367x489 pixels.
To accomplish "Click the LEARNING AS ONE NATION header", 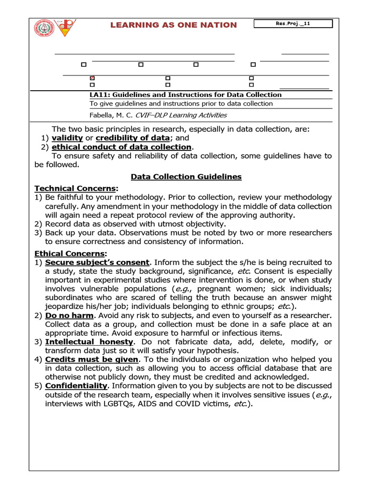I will (x=173, y=25).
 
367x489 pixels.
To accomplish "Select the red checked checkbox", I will (x=92, y=78).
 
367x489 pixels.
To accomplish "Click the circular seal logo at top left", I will (x=44, y=28).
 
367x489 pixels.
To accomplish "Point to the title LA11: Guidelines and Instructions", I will (x=185, y=95).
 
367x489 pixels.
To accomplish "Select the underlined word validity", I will (x=67, y=138).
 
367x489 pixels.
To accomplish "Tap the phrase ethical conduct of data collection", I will (x=121, y=147).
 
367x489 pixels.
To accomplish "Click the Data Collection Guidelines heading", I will (x=186, y=177).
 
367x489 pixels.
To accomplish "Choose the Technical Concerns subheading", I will (x=75, y=189).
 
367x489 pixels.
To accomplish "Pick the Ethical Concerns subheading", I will (x=70, y=254).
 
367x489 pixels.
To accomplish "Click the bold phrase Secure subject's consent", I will (x=97, y=263).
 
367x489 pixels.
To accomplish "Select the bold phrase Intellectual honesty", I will (x=89, y=342).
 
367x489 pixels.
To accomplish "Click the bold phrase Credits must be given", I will (x=92, y=359).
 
